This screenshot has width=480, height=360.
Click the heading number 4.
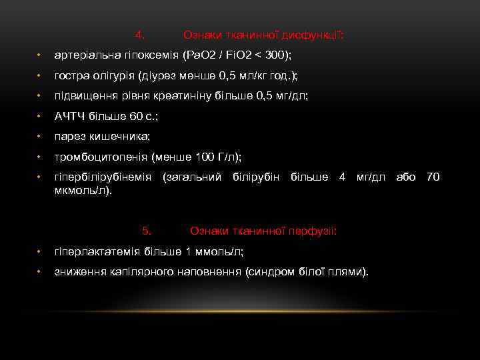[x=139, y=34]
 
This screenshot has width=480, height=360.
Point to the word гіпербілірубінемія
[x=103, y=177]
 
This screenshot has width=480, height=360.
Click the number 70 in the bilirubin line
[x=433, y=177]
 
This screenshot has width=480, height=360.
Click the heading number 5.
[x=147, y=231]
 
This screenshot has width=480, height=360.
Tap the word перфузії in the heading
[x=313, y=231]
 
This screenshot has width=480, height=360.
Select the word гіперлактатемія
[x=97, y=251]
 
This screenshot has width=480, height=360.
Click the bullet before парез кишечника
[x=40, y=137]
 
